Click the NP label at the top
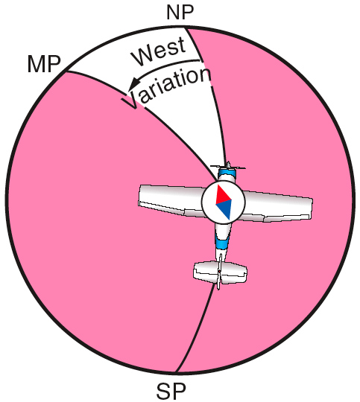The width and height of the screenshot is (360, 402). pos(180,13)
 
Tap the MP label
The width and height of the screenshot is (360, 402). pos(44,64)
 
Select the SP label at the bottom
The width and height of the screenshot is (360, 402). pos(171,392)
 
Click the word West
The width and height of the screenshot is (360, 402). pos(159,52)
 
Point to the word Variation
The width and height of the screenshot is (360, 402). pos(166,87)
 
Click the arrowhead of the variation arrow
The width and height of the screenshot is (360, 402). pos(133,84)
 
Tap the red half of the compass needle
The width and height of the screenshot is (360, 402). pos(223,194)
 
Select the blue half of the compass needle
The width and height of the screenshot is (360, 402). pos(224,210)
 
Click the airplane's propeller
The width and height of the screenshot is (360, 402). pos(228,167)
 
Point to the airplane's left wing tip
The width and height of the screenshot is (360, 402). pos(141,196)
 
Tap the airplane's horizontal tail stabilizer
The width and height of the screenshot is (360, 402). pos(220,272)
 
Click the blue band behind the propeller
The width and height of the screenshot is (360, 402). pos(227,173)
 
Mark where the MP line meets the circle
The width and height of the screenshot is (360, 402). pos(66,71)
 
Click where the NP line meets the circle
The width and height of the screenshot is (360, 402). pos(186,27)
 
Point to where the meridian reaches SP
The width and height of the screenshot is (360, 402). pos(176,371)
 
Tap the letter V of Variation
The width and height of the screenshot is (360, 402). pos(130,100)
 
